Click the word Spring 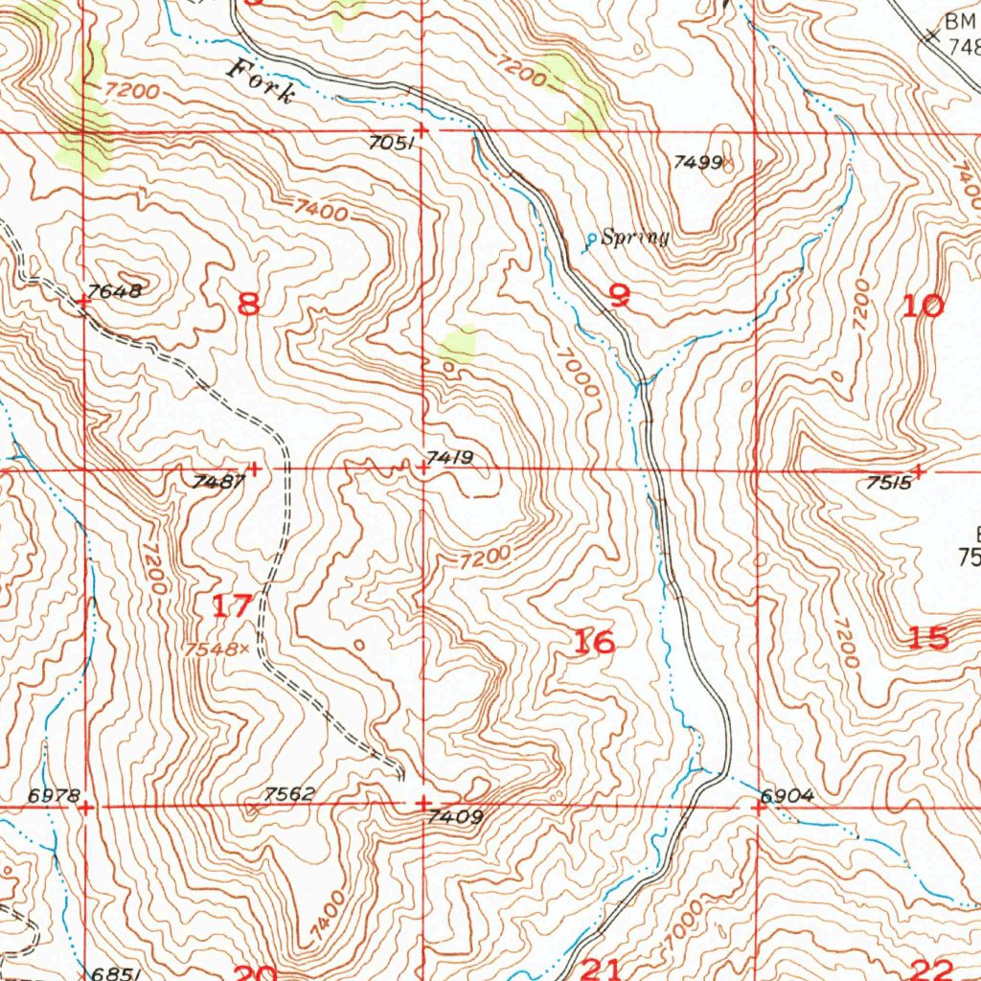(x=634, y=238)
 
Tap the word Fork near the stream (x=260, y=82)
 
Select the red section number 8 (x=248, y=304)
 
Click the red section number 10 (x=923, y=307)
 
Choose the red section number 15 (x=928, y=638)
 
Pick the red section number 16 (x=593, y=642)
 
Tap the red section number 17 (x=233, y=605)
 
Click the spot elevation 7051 (x=390, y=144)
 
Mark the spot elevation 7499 (x=696, y=162)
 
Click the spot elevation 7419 (x=450, y=458)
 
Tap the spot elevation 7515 (x=887, y=485)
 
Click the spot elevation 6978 (x=54, y=794)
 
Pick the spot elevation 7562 (x=288, y=793)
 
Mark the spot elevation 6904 (x=787, y=795)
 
